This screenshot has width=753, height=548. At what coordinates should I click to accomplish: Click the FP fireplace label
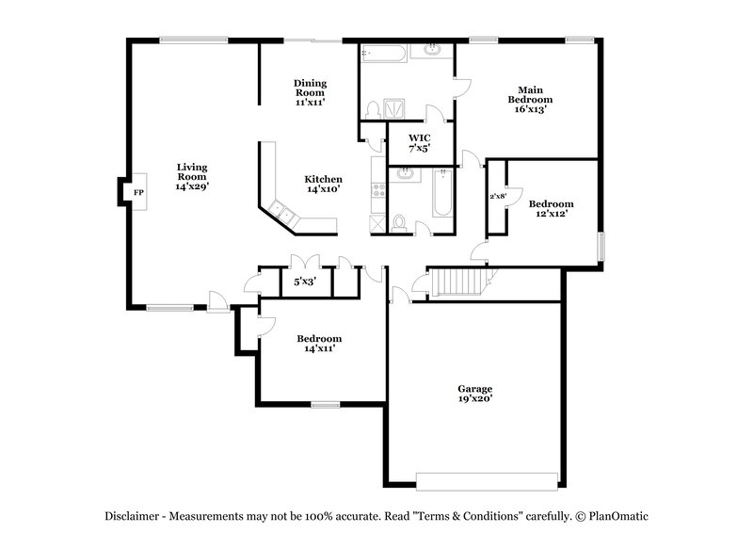tap(138, 192)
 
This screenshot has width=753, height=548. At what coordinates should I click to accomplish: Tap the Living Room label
tap(192, 177)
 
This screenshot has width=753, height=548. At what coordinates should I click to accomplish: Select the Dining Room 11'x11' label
tap(310, 92)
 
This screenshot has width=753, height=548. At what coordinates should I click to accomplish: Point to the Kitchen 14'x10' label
tap(323, 184)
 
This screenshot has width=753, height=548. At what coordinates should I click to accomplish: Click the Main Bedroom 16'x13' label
tap(530, 99)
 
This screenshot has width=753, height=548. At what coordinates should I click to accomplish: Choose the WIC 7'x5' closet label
tap(420, 142)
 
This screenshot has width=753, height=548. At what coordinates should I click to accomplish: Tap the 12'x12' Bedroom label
tap(551, 209)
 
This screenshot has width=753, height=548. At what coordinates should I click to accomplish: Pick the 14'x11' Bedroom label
tap(319, 344)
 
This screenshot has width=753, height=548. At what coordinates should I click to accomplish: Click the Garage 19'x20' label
tap(475, 394)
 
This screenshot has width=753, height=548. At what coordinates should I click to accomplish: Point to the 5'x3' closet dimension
tap(305, 281)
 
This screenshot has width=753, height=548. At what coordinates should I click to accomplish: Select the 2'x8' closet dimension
tap(498, 196)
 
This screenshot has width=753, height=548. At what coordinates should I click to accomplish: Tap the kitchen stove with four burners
tap(380, 188)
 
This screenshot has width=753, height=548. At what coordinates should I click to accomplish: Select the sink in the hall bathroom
tap(406, 174)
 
